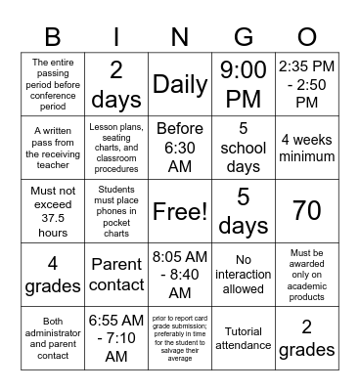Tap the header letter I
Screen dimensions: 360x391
click(116, 37)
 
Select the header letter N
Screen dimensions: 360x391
click(180, 37)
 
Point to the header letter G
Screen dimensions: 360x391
click(244, 37)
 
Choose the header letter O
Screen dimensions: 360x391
click(307, 37)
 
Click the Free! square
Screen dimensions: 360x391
click(180, 211)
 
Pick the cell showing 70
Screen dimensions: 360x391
click(307, 211)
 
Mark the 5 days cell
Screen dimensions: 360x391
click(244, 211)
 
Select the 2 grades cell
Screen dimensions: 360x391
click(307, 338)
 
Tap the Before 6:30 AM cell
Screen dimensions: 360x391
click(180, 147)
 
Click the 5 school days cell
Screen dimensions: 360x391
click(244, 147)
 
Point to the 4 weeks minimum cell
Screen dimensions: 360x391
click(307, 147)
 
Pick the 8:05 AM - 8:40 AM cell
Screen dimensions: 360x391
click(180, 275)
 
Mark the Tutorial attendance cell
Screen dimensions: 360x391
click(244, 338)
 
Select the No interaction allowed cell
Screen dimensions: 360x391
click(244, 275)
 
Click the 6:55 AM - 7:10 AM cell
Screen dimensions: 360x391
click(116, 338)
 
